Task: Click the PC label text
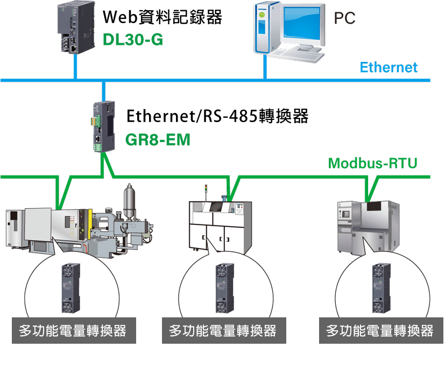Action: [344, 19]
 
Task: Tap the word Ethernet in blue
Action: [389, 68]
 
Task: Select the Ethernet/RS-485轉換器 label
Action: [217, 117]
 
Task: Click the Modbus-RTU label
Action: [373, 164]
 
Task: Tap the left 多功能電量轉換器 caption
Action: [73, 330]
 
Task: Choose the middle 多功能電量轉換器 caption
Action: [223, 330]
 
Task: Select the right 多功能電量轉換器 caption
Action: [380, 330]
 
